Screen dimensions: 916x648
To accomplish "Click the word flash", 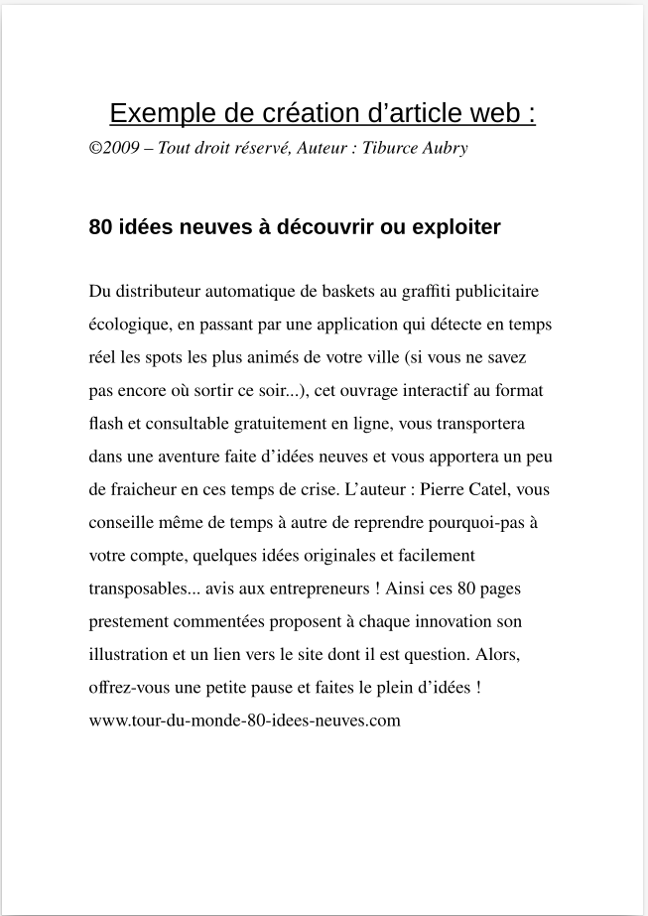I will (x=105, y=423).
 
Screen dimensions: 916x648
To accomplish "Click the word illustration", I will (x=130, y=654).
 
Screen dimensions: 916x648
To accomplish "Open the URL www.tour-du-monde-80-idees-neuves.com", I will (x=244, y=720).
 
